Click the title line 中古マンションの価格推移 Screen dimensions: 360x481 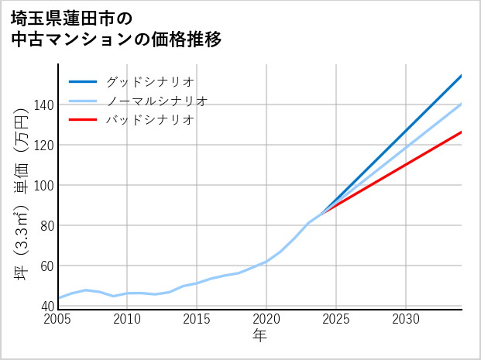[116, 39]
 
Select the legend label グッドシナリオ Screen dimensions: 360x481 [149, 81]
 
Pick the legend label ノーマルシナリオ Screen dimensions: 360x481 [156, 101]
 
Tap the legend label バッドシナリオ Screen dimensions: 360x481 [149, 120]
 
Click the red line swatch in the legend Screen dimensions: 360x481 [83, 120]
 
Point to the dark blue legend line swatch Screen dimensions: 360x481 [83, 81]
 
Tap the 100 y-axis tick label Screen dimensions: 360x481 [44, 185]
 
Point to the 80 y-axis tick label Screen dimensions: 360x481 [46, 225]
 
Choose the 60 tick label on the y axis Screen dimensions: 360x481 [46, 266]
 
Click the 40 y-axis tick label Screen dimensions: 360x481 [46, 306]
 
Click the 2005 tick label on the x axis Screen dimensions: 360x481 [58, 319]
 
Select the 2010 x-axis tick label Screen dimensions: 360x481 [128, 319]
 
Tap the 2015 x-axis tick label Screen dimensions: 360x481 [197, 319]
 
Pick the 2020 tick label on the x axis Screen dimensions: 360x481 [266, 319]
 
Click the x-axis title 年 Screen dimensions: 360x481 [260, 336]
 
